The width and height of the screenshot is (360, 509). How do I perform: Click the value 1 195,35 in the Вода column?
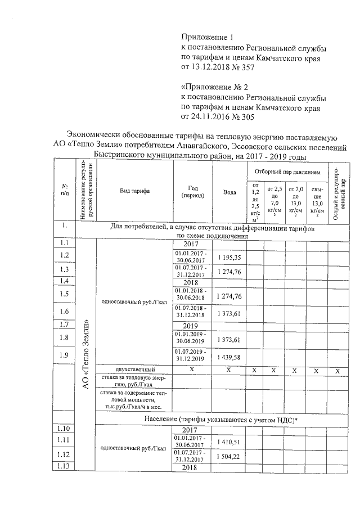[x=229, y=257]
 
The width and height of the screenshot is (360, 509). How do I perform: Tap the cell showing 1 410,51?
[x=229, y=442]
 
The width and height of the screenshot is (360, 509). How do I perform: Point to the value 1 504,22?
[x=229, y=456]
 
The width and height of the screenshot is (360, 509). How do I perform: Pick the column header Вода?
[x=229, y=192]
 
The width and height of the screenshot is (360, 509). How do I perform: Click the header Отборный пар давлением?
[x=287, y=170]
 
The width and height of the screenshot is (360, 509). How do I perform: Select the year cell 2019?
[x=191, y=326]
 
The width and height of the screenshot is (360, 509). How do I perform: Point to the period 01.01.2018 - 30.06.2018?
[x=191, y=294]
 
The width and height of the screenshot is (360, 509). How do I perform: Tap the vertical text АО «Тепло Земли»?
[x=86, y=354]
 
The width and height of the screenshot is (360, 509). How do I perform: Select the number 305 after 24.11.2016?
[x=247, y=118]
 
